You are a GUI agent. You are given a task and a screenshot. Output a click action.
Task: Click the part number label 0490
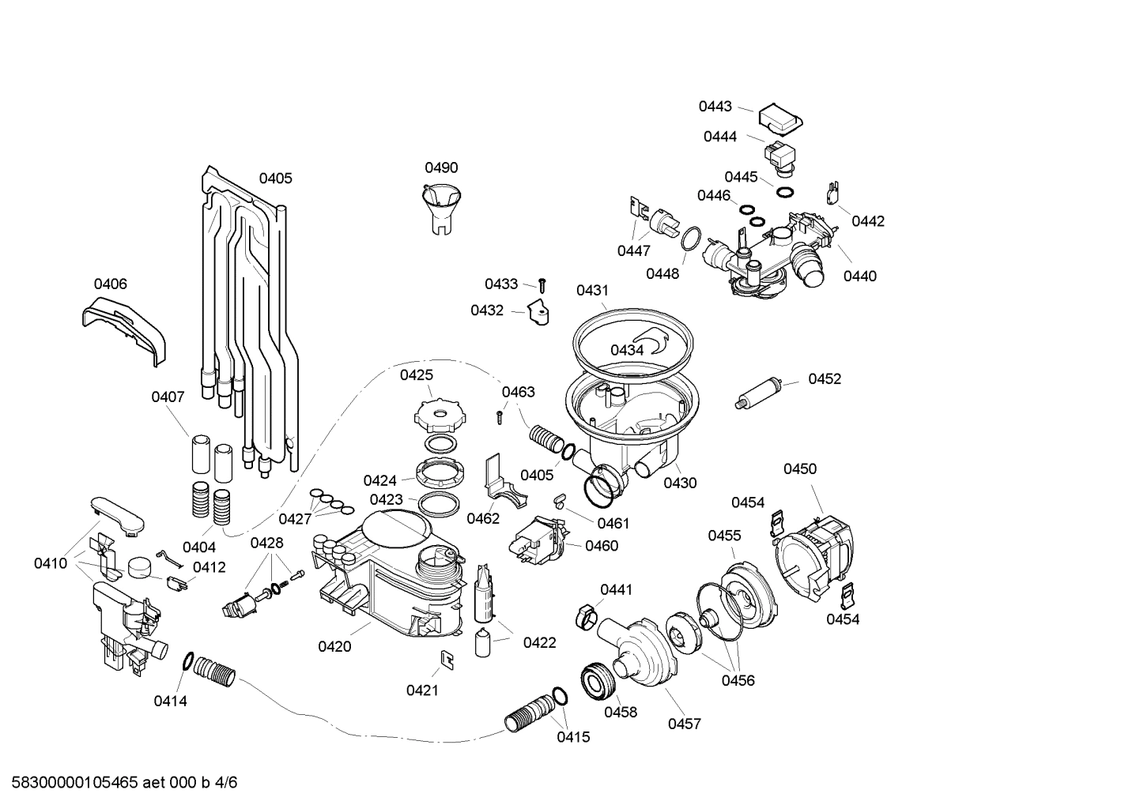(441, 167)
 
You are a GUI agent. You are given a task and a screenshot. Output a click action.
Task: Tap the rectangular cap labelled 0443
(780, 118)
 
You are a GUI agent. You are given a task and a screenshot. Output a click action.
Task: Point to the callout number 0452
(824, 379)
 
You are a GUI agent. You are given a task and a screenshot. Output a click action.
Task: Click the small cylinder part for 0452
(760, 393)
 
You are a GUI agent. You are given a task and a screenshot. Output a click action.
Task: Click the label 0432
(487, 310)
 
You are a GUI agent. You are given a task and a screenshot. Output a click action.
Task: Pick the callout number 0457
(684, 723)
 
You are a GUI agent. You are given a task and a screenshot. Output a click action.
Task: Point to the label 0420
(334, 646)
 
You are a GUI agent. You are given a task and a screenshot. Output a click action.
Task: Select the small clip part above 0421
(446, 659)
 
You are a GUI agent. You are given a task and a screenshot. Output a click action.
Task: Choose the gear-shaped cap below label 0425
(436, 412)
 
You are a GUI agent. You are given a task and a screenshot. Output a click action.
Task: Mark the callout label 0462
(482, 518)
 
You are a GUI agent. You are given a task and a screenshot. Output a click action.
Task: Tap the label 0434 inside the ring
(626, 350)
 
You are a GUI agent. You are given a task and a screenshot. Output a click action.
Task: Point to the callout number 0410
(50, 563)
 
